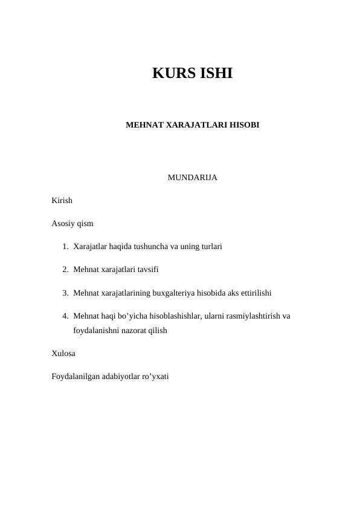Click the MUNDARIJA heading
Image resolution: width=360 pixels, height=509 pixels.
click(x=192, y=178)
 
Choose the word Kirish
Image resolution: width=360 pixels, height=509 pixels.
click(x=62, y=201)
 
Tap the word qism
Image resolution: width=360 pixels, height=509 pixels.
click(x=86, y=224)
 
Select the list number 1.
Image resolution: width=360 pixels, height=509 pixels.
click(x=65, y=247)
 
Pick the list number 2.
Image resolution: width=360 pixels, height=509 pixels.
click(x=65, y=270)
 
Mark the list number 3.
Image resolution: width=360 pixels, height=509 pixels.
click(x=65, y=293)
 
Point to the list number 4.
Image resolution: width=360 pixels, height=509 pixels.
click(x=65, y=316)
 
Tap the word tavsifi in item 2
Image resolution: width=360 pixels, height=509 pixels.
click(x=146, y=270)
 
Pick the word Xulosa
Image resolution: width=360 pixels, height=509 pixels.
click(x=64, y=354)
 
